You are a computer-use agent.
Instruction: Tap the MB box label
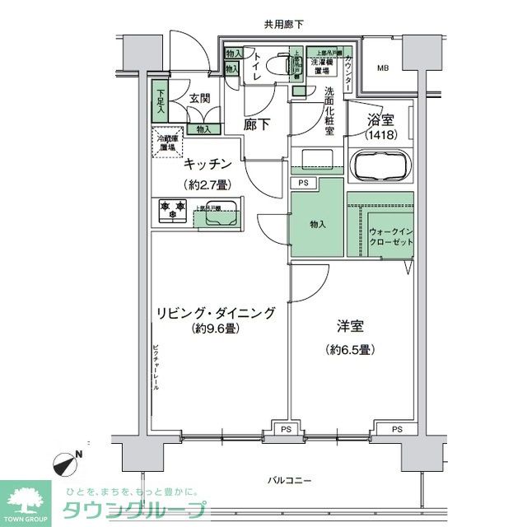coord(385,68)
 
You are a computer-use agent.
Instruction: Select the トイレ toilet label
coord(257,66)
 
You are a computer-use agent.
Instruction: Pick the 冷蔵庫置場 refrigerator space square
coord(167,143)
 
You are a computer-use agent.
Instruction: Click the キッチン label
coord(207,164)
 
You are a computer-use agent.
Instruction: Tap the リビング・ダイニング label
coord(216,313)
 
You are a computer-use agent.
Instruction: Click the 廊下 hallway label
coord(259,125)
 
